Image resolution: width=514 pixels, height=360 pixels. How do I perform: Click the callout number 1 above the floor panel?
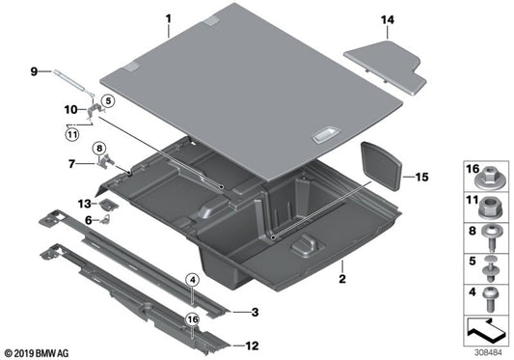[167, 18]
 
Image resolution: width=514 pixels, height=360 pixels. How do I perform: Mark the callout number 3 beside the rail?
[255, 312]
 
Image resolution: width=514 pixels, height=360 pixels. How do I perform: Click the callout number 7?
[73, 164]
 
